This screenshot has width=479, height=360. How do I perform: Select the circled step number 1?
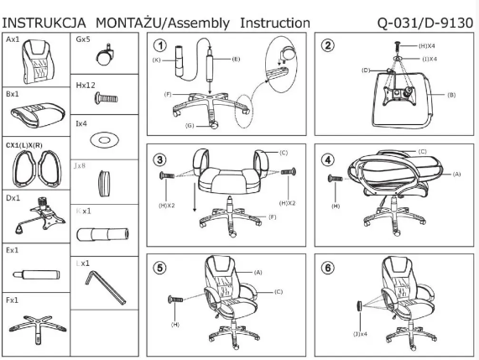(x=160, y=46)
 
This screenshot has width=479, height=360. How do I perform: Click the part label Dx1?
(x=13, y=199)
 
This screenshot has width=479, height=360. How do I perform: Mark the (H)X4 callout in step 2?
(x=414, y=49)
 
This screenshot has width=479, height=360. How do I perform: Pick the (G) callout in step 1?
(x=190, y=126)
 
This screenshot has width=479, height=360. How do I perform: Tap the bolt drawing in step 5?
(x=177, y=300)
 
